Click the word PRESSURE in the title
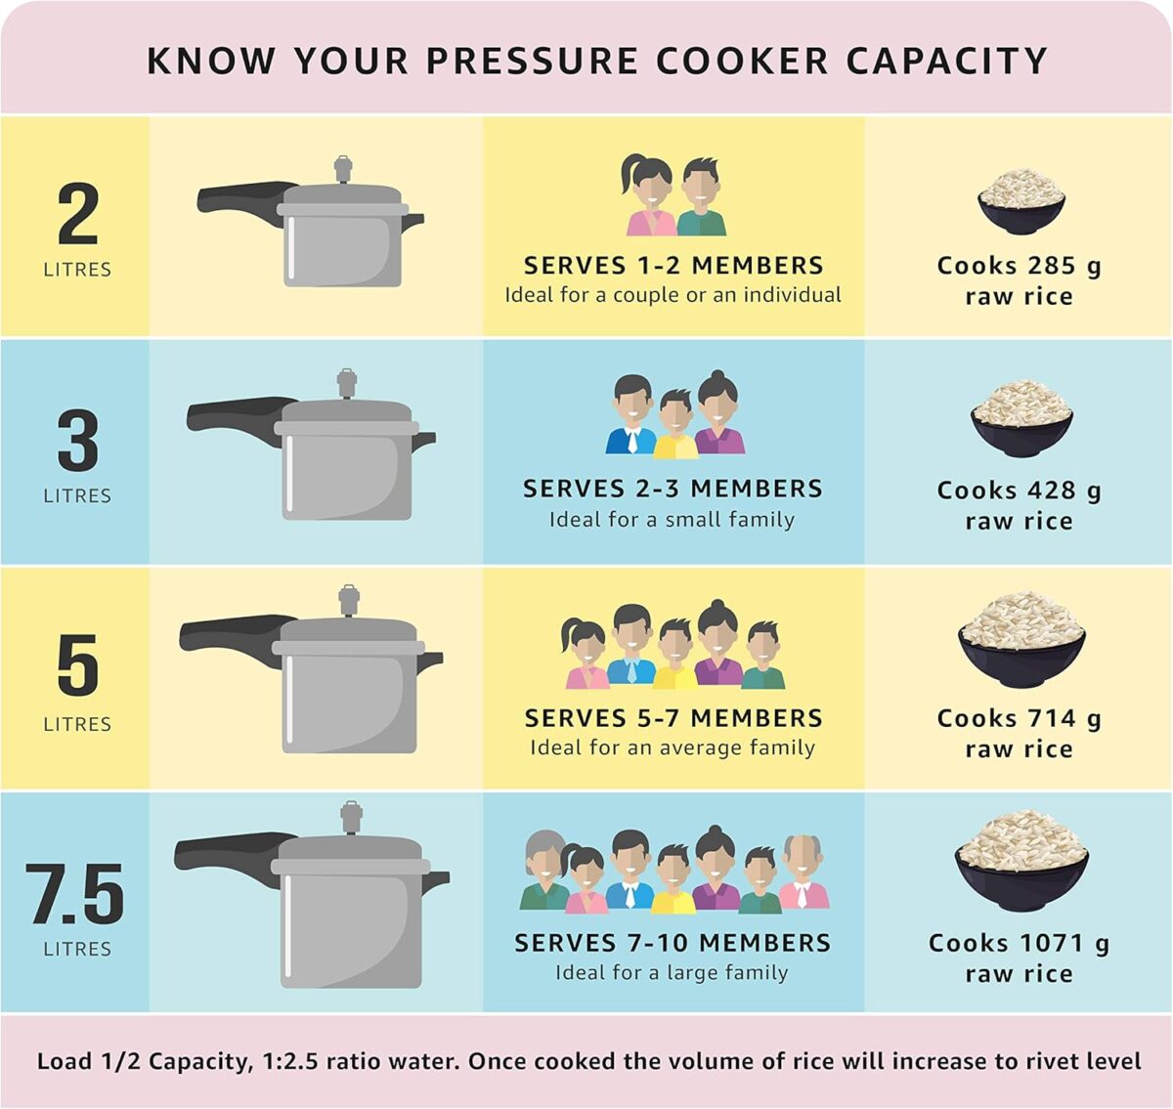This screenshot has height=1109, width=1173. (532, 61)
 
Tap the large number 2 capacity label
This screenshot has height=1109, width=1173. (78, 214)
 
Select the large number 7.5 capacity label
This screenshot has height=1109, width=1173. (75, 893)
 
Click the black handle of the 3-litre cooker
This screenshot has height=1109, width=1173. (239, 419)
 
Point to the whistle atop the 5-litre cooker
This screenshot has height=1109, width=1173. (349, 600)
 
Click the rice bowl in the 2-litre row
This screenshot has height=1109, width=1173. (1021, 201)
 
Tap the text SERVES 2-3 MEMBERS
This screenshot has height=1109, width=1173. (673, 489)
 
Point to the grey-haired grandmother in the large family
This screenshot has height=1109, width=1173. (544, 870)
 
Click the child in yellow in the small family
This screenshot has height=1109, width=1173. (675, 424)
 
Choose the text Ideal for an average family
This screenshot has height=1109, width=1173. (673, 747)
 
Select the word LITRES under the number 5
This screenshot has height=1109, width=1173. (77, 724)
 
